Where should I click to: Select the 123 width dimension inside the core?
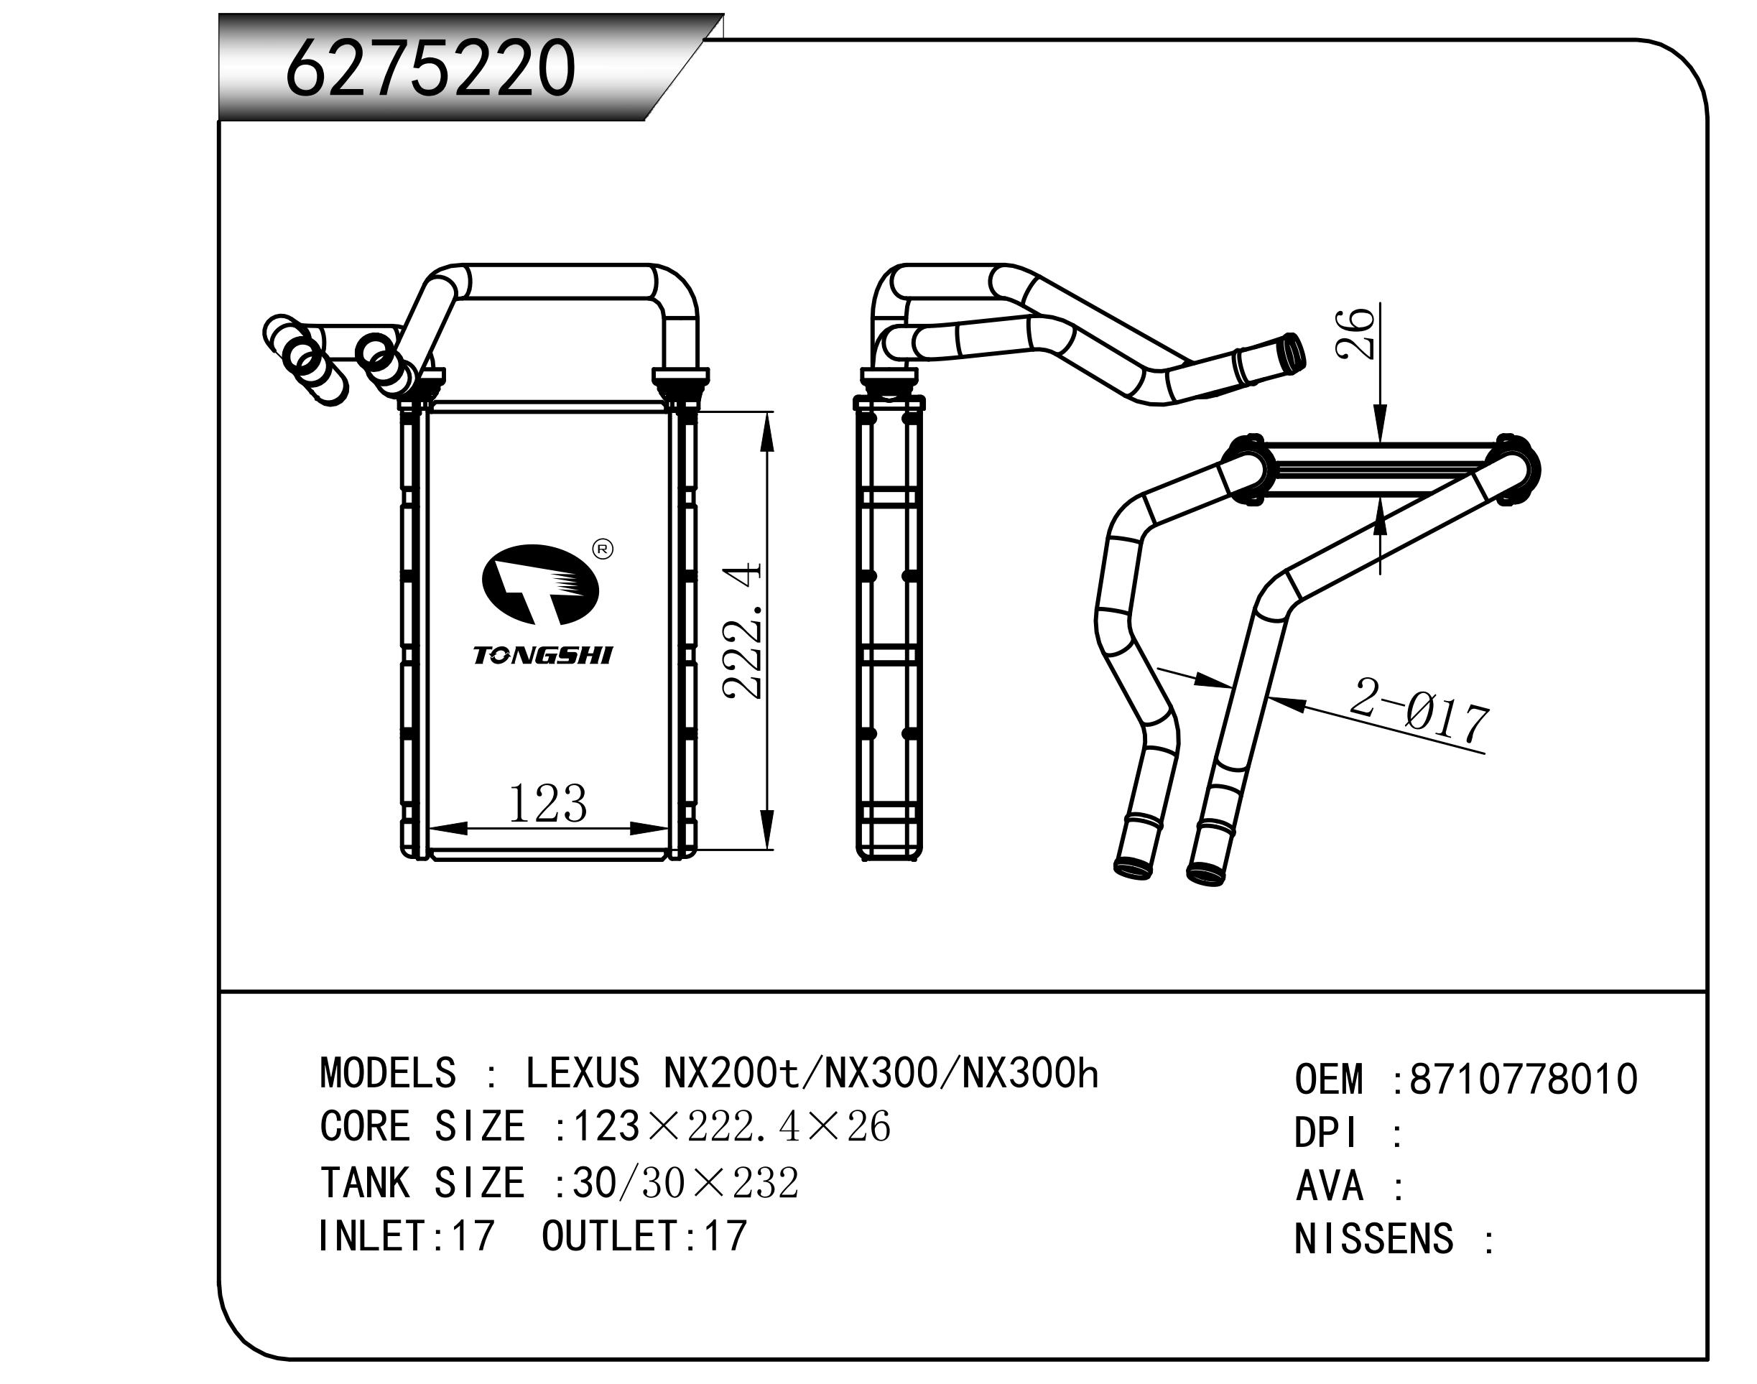click(547, 804)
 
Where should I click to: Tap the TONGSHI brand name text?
click(543, 655)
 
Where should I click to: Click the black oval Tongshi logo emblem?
click(539, 584)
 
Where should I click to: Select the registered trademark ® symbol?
click(603, 549)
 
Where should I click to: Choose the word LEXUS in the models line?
click(582, 1074)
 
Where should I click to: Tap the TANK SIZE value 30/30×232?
click(685, 1183)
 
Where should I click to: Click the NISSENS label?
click(1373, 1240)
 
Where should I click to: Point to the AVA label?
click(1329, 1187)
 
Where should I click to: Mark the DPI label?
click(1326, 1133)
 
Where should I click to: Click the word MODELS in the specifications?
click(388, 1074)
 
